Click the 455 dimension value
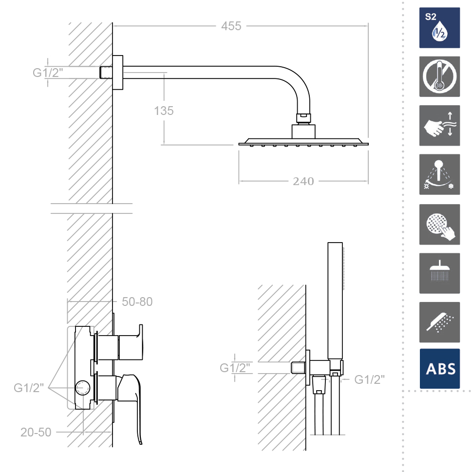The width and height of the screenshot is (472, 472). [x=231, y=26]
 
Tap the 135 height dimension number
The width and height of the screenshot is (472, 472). [x=164, y=111]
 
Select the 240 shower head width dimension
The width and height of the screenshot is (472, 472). [x=303, y=182]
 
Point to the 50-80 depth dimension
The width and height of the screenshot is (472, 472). [x=137, y=302]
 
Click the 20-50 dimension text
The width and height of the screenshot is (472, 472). [x=36, y=432]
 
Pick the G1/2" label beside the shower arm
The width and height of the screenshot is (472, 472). [x=48, y=73]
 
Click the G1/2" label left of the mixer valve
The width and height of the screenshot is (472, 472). [x=29, y=388]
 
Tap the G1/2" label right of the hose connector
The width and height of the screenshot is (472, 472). [x=369, y=379]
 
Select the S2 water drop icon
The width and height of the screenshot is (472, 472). [x=439, y=28]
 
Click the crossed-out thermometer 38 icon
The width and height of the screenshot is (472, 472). [x=439, y=76]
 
